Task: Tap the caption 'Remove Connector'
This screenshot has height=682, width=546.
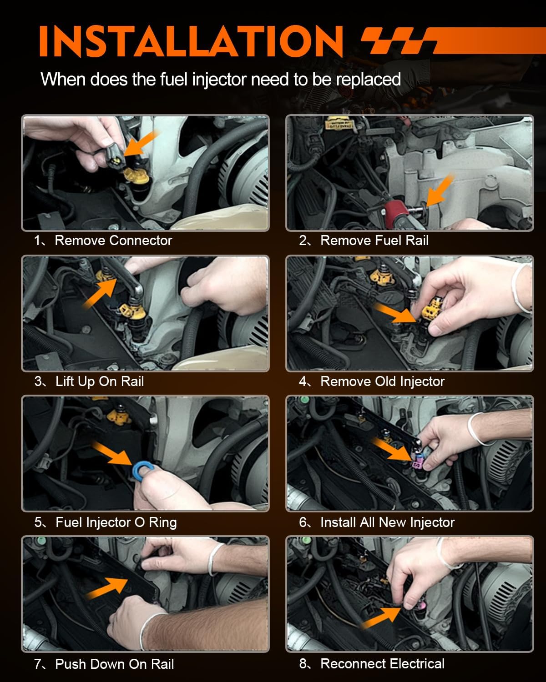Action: click(x=113, y=241)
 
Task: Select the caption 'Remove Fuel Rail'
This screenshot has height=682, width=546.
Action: click(x=374, y=241)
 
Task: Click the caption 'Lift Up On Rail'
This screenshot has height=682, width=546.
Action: click(x=99, y=381)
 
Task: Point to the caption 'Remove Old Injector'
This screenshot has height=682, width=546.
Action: click(x=382, y=381)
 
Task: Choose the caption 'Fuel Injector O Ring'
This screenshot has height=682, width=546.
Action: click(x=116, y=522)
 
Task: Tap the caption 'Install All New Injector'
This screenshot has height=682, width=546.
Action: click(x=387, y=522)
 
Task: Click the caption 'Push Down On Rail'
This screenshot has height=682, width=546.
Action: click(x=114, y=664)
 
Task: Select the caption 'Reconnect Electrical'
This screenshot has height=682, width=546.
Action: click(x=382, y=664)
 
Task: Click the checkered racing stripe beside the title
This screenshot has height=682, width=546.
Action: click(x=400, y=41)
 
